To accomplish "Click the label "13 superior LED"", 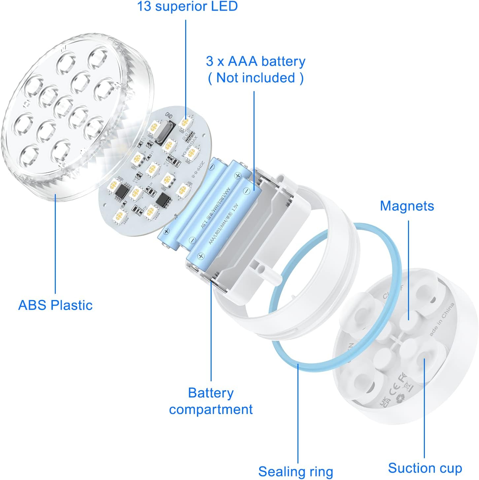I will click(x=187, y=6).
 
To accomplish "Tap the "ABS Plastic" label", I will click(x=55, y=305).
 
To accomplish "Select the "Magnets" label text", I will click(x=407, y=206).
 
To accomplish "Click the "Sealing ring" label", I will click(x=295, y=471).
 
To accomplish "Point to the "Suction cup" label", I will click(x=425, y=468).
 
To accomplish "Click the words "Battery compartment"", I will click(x=211, y=401).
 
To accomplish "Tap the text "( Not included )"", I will click(x=256, y=78).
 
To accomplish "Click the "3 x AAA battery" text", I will click(x=256, y=61).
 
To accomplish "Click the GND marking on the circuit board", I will click(x=169, y=115).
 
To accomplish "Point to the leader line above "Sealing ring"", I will click(x=298, y=413).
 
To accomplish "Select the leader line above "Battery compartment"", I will click(x=211, y=330).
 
